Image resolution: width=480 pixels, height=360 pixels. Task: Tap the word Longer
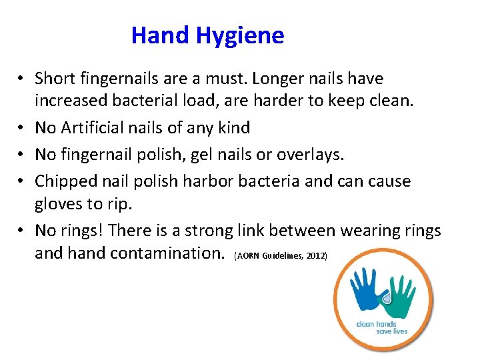click(269, 79)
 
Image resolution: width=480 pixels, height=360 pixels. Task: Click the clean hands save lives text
click(382, 327)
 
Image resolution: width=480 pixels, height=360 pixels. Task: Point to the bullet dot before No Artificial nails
click(22, 128)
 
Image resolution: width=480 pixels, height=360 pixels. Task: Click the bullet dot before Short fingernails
click(22, 79)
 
